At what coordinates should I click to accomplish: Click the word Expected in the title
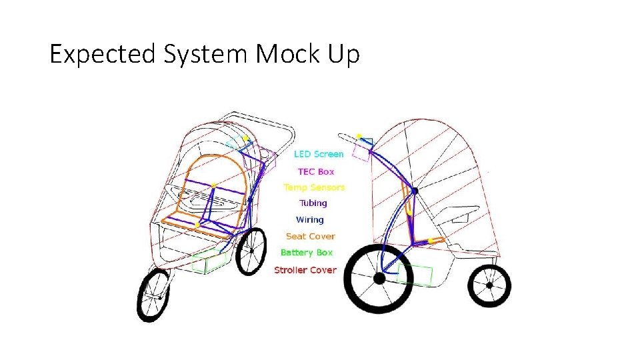click(x=100, y=54)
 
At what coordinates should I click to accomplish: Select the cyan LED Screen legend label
click(x=319, y=154)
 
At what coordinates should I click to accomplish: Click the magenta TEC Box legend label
click(x=316, y=171)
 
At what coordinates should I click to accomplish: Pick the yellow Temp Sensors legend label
click(x=314, y=187)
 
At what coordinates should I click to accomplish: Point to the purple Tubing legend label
click(x=313, y=203)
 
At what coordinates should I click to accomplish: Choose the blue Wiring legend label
click(x=310, y=219)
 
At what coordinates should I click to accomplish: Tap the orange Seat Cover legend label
click(x=310, y=236)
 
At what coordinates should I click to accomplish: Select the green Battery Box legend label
click(x=306, y=253)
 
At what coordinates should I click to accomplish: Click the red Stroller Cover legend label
click(x=305, y=270)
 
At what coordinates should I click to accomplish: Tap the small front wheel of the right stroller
click(x=489, y=285)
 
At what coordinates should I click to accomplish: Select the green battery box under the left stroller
click(x=209, y=261)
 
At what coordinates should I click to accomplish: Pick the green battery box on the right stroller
click(x=415, y=275)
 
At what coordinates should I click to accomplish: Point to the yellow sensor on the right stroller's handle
click(x=359, y=137)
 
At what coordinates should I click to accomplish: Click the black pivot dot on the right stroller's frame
click(x=414, y=191)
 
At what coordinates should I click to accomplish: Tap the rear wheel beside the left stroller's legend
click(x=251, y=251)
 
